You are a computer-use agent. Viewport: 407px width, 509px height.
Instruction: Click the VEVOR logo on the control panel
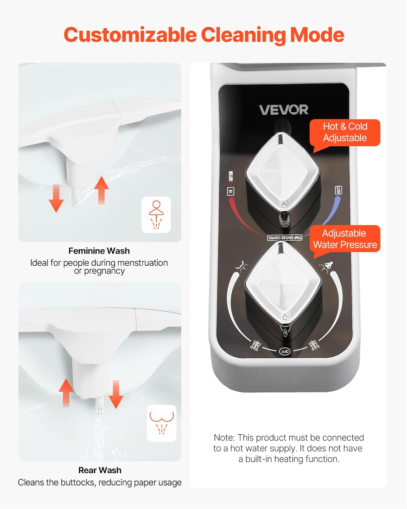284,110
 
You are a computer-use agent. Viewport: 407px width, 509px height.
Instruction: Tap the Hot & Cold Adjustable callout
345,132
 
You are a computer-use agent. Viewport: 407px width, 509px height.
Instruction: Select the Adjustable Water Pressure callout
345,239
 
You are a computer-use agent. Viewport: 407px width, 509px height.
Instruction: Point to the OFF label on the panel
285,352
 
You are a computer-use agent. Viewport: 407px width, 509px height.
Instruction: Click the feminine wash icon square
156,214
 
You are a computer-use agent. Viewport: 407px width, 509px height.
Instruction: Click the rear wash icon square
162,423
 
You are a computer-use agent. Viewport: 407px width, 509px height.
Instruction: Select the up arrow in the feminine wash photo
101,190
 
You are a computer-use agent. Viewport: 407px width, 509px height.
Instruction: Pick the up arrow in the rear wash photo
66,392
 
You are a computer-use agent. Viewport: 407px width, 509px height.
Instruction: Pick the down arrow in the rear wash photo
116,394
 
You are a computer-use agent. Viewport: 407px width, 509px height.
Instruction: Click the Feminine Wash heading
99,251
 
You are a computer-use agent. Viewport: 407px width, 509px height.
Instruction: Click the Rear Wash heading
100,470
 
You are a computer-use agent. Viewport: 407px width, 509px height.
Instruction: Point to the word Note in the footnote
224,438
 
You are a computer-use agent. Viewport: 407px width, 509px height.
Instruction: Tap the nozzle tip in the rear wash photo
99,412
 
